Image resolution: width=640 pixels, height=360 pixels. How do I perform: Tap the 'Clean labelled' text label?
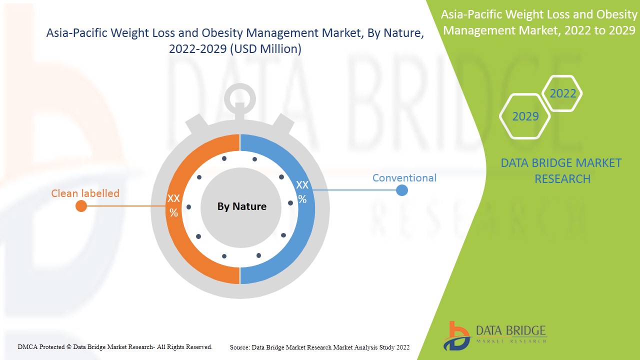(85, 193)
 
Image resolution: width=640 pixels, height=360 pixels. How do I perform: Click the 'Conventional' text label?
(404, 178)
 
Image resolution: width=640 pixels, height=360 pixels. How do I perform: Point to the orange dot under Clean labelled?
(81, 206)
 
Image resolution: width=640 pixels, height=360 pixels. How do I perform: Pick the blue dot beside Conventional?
(401, 190)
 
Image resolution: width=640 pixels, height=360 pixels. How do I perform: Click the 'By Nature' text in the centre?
(241, 206)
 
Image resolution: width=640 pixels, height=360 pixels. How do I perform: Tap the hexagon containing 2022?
(562, 93)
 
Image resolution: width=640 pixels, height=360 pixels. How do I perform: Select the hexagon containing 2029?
(525, 116)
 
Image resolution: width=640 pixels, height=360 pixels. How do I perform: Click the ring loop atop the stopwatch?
(240, 97)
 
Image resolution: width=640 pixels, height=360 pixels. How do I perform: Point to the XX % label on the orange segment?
(173, 205)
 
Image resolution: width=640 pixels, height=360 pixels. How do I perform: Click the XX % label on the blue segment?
(302, 191)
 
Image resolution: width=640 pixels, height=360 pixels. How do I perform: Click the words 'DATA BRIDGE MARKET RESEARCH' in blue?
(562, 170)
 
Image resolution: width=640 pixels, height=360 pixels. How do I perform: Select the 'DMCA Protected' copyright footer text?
(115, 346)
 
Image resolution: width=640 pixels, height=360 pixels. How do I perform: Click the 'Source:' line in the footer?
(319, 347)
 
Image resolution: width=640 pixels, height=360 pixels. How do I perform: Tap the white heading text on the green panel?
(539, 22)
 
